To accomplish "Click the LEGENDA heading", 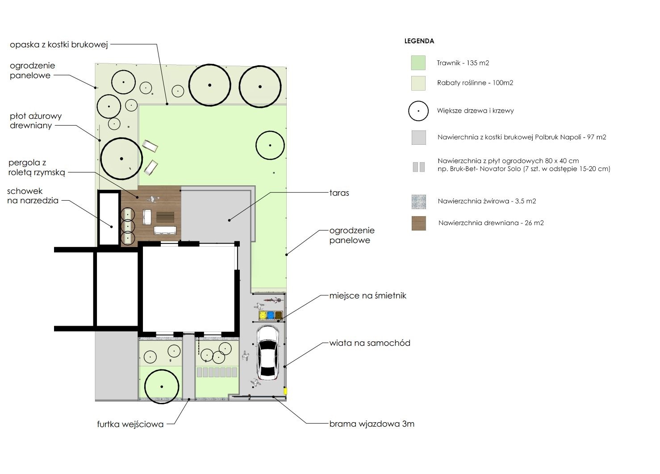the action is (419, 41).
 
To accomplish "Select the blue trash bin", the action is (271, 315).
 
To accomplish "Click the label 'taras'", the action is (339, 193).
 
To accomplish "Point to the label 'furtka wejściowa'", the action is (130, 424).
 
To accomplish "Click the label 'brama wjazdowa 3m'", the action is (372, 424).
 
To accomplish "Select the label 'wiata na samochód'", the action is (370, 343).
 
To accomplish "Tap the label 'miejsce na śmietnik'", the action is (368, 295).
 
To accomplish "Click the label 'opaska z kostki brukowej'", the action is (58, 45).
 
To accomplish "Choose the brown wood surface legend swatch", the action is (419, 223).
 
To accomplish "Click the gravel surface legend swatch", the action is (419, 201).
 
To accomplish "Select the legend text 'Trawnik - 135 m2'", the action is (463, 63).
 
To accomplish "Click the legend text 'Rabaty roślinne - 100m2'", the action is (475, 83).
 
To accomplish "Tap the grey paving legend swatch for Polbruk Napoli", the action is (419, 137).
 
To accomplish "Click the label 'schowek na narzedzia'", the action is (33, 196).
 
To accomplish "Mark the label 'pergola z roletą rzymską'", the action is (37, 167).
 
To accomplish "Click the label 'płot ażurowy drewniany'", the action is (36, 121).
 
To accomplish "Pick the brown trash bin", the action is (279, 315).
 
